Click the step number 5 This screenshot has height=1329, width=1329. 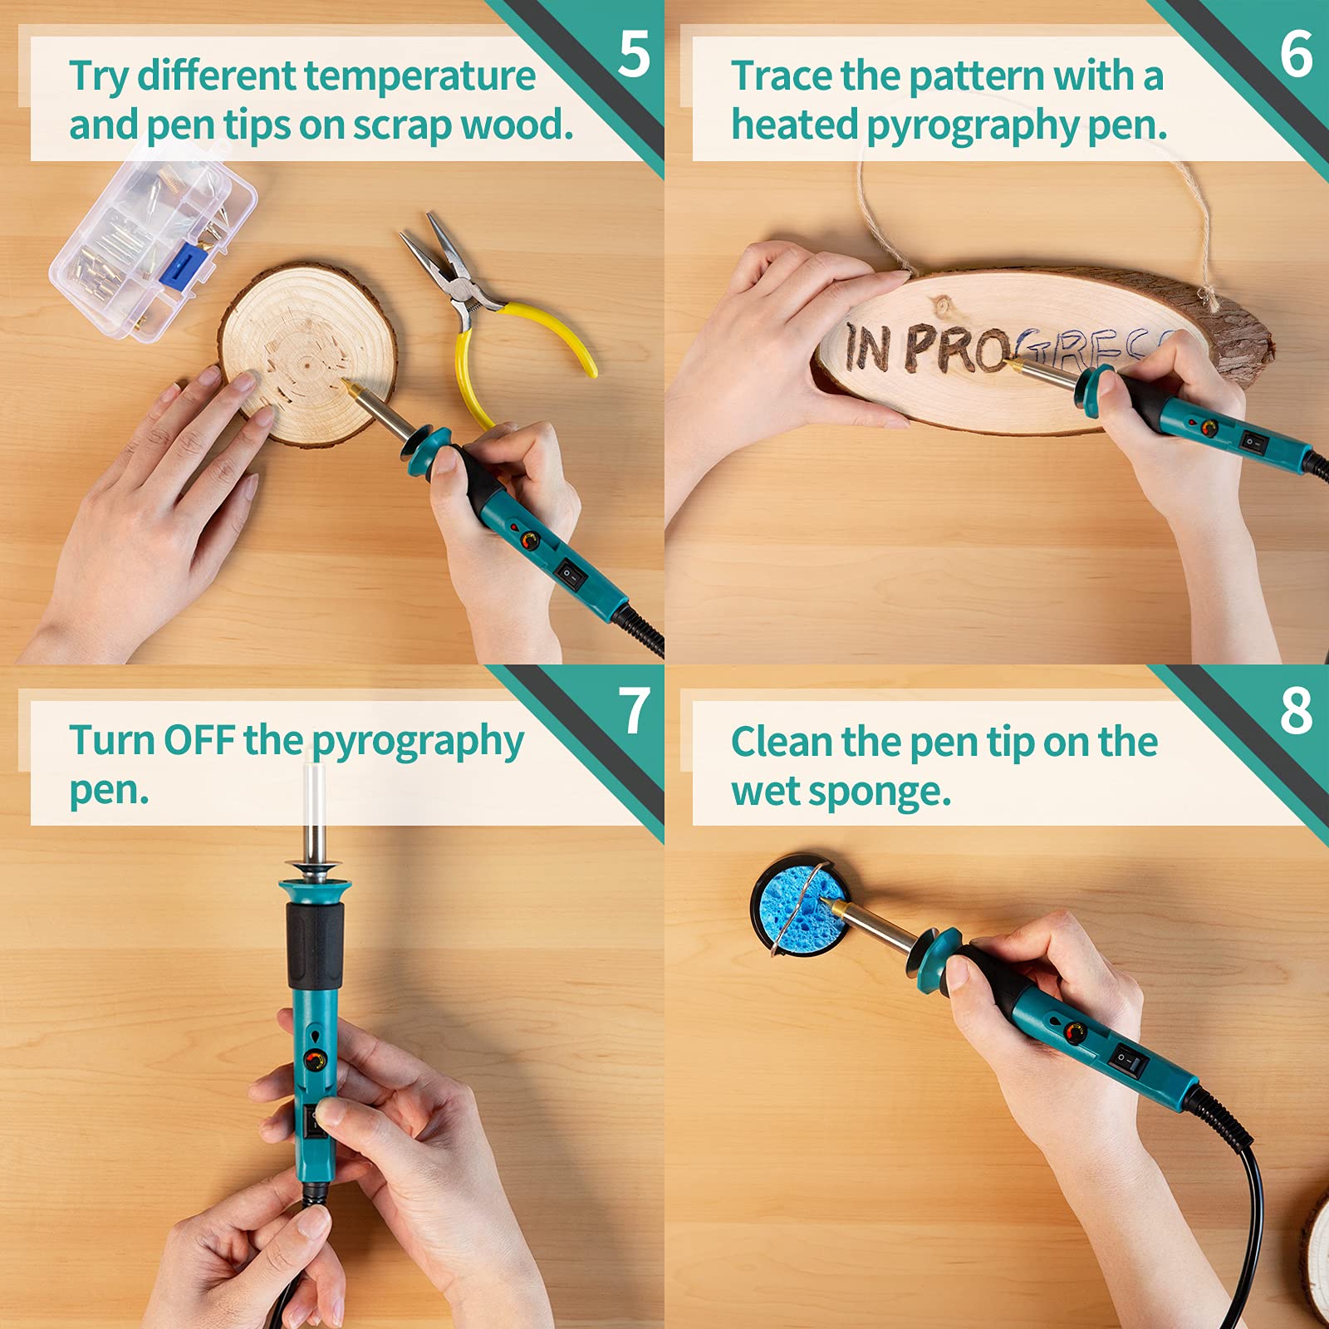(634, 55)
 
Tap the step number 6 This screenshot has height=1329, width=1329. (1296, 55)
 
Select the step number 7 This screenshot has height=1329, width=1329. (635, 711)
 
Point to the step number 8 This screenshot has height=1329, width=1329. (1296, 711)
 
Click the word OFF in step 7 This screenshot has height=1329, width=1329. (199, 740)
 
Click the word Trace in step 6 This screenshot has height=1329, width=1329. (782, 76)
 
